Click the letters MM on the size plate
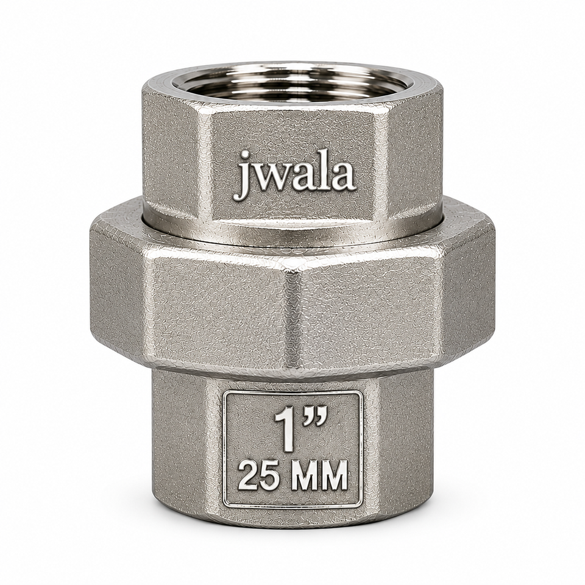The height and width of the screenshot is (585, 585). click(x=320, y=476)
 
